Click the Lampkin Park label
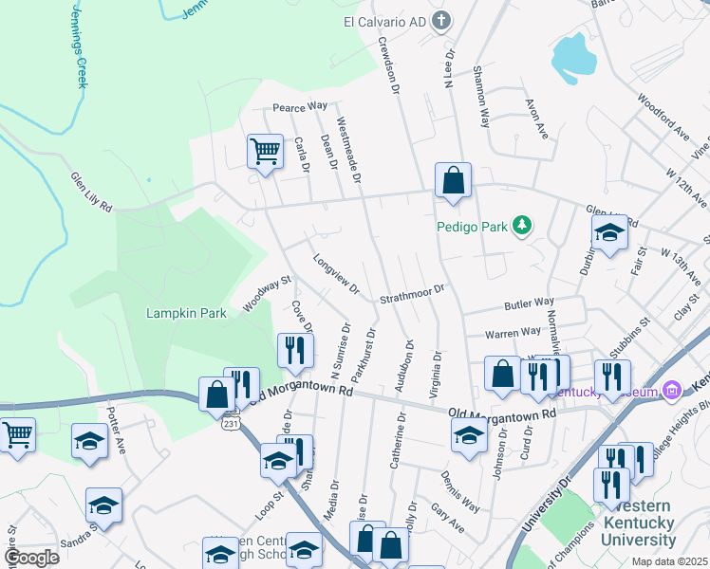186,313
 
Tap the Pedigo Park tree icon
521,226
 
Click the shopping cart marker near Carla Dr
265,151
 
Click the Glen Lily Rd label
92,193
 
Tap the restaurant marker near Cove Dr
295,350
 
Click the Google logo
31,558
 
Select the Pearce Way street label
300,107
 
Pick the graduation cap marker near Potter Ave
90,442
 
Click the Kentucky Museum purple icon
672,390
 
